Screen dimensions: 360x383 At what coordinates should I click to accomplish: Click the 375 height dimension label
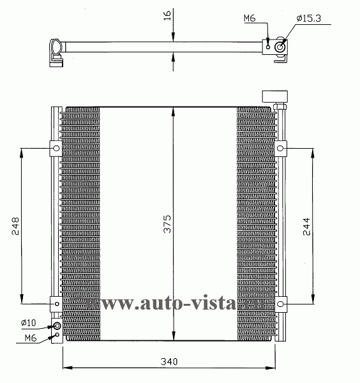coord(167,224)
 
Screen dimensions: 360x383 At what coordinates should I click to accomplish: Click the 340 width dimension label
coord(169,361)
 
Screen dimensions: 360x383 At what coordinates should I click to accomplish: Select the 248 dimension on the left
coord(15,226)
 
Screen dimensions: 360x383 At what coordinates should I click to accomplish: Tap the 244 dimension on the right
coord(306,227)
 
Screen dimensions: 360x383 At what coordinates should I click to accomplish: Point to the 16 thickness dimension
coord(167,15)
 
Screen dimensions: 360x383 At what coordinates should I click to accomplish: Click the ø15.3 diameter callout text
coord(309,19)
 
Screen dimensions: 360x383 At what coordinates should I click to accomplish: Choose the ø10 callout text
coord(28,323)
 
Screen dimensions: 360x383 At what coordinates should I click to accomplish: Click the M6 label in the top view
coord(250,18)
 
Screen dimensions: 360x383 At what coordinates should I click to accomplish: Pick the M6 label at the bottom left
coord(31,338)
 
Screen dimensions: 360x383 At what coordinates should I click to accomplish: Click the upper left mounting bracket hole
coord(56,148)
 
